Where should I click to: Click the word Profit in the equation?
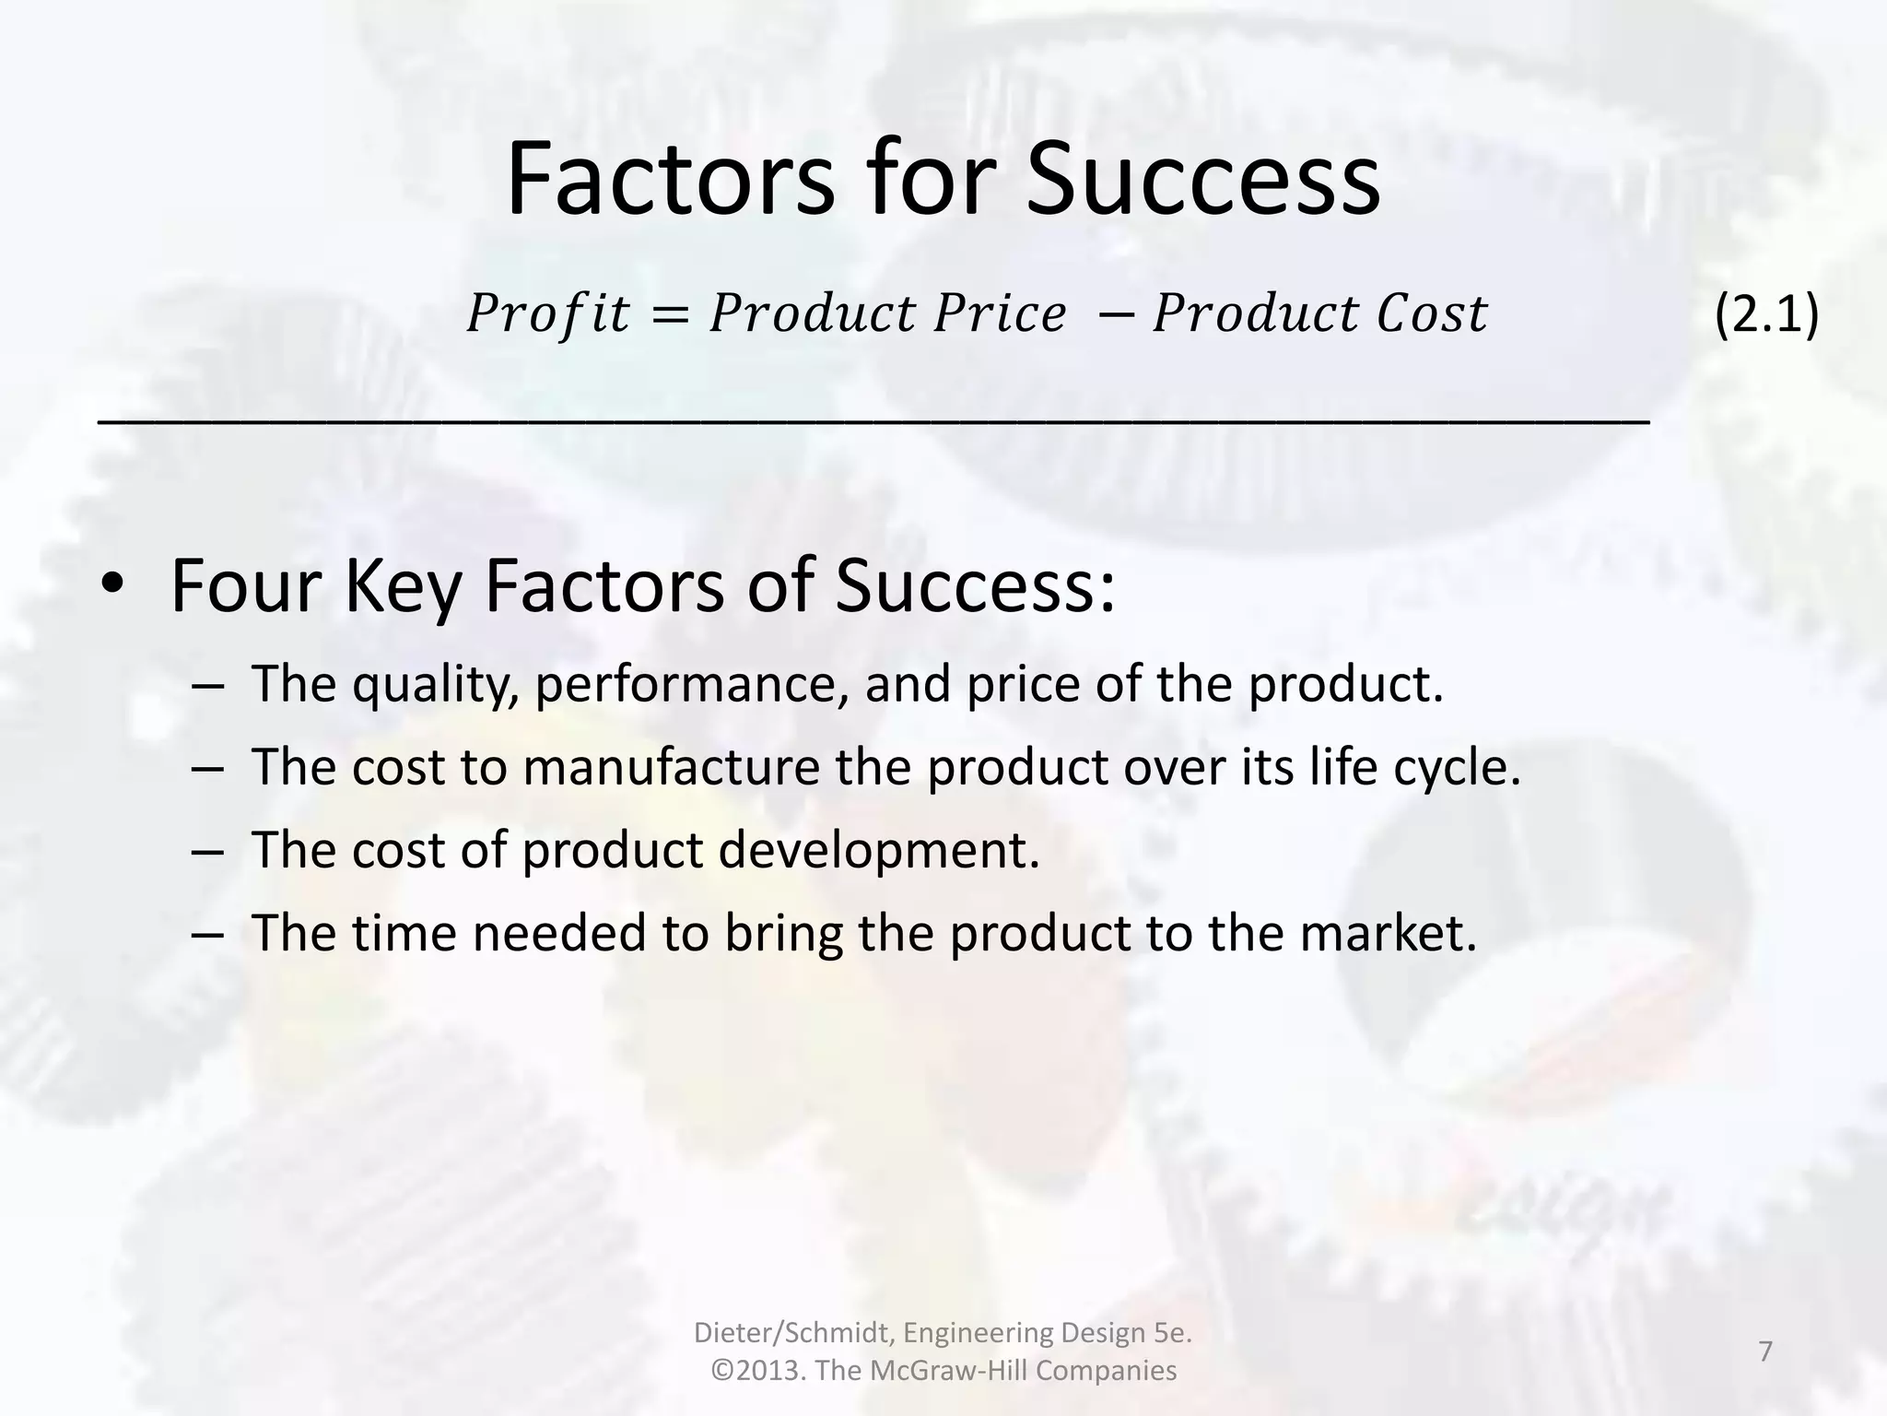coord(548,313)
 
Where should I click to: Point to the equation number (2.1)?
coord(1766,314)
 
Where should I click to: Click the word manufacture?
coord(671,767)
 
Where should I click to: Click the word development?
coord(878,850)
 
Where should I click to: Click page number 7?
coord(1765,1351)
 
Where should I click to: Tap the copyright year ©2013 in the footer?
coord(760,1371)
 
